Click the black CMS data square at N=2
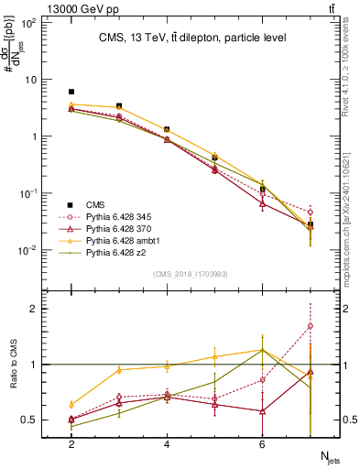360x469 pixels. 71,92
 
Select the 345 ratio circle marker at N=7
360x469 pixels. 311,326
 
